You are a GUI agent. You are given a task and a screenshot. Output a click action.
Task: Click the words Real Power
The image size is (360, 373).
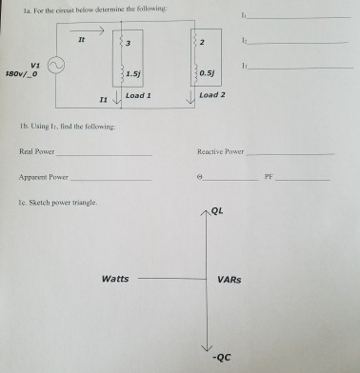34,151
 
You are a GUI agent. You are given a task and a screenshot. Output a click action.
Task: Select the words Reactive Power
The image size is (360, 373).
220,151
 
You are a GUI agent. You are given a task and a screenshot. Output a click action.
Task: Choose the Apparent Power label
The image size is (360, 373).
43,177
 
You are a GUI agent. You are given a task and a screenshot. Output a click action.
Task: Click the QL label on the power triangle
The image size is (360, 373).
221,213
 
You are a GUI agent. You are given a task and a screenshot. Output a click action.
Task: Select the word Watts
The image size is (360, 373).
116,279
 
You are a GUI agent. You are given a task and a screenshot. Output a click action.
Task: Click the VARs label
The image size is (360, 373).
230,280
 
